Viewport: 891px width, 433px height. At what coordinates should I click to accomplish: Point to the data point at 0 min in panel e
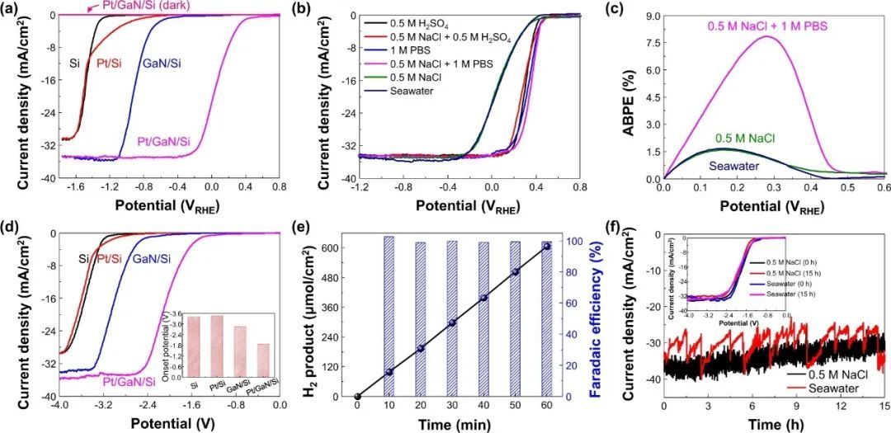pyautogui.click(x=357, y=397)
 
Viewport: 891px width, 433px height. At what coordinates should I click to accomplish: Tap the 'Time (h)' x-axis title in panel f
pyautogui.click(x=773, y=425)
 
